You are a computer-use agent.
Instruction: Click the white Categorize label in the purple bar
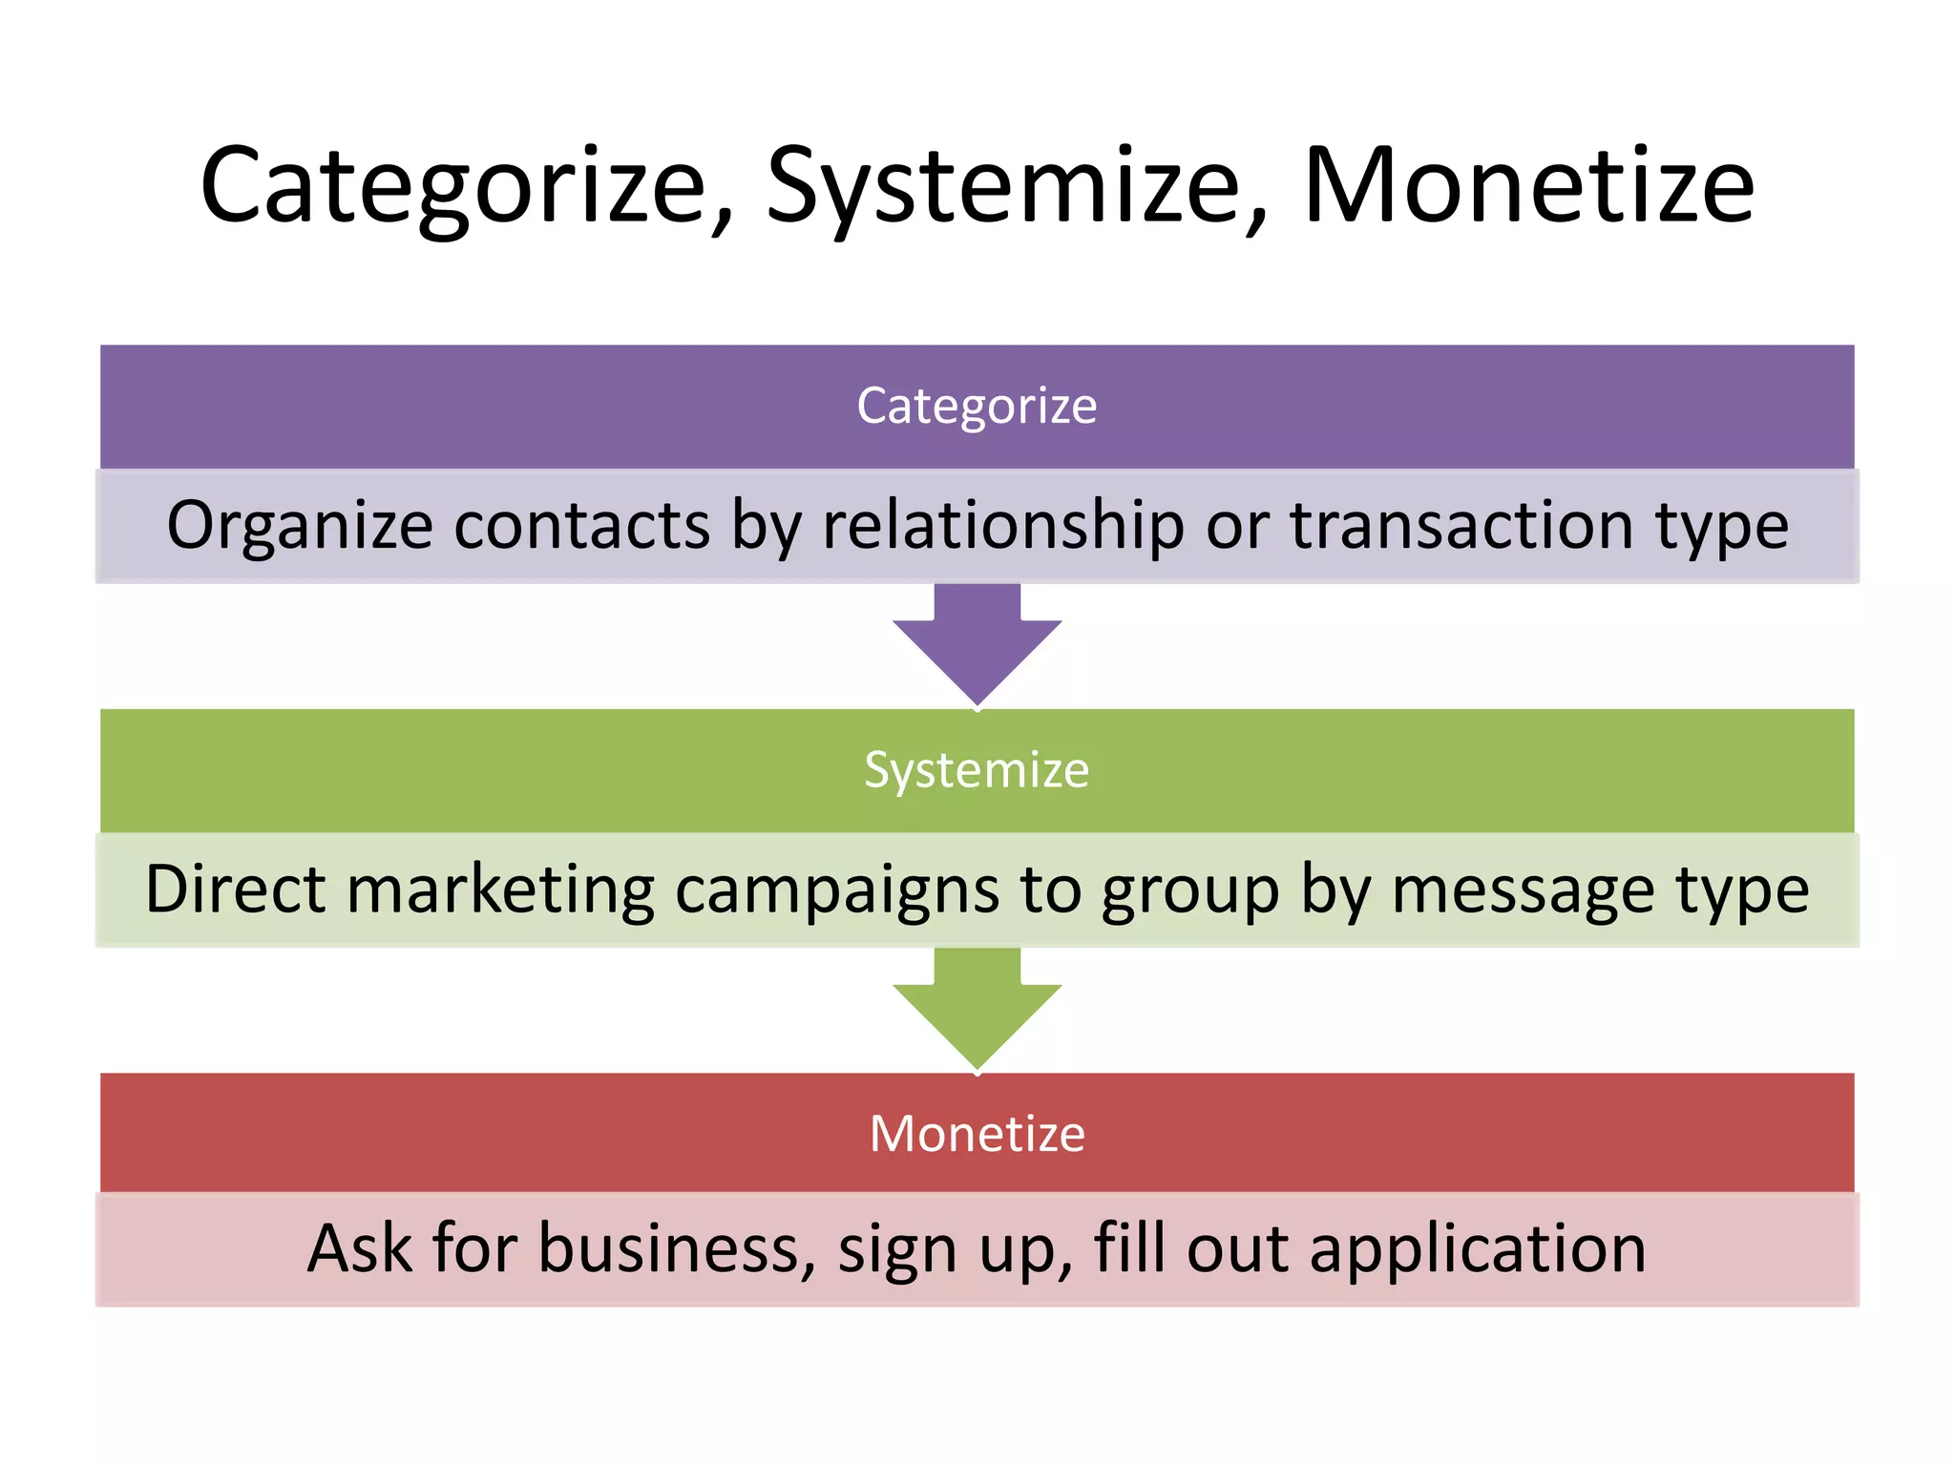[x=977, y=407]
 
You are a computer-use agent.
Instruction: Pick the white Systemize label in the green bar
[x=977, y=770]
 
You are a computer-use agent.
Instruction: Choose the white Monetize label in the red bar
[x=977, y=1134]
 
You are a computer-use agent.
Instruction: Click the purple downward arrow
[x=977, y=645]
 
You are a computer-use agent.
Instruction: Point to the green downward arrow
[x=977, y=1009]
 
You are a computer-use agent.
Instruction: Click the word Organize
[x=300, y=527]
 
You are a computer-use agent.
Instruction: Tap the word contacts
[x=581, y=526]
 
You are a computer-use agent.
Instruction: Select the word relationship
[x=1002, y=527]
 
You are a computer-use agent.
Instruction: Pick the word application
[x=1478, y=1250]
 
